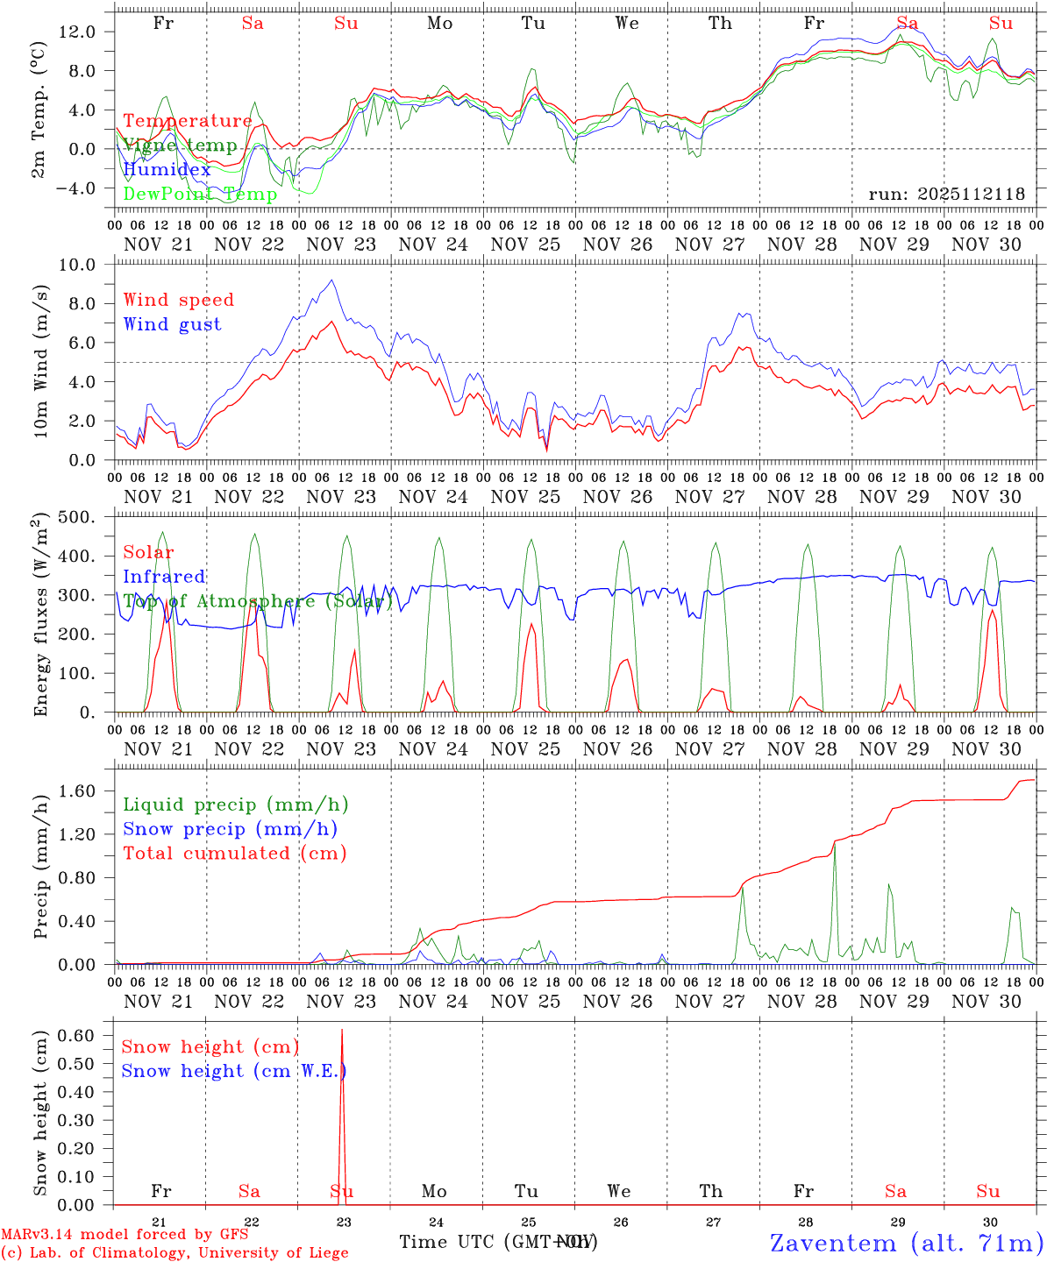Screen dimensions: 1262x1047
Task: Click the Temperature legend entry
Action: pyautogui.click(x=188, y=121)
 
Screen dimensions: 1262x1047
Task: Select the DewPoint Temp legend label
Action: pyautogui.click(x=200, y=195)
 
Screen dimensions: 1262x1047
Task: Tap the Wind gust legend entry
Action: pyautogui.click(x=172, y=324)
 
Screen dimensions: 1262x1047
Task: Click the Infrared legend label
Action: pyautogui.click(x=164, y=577)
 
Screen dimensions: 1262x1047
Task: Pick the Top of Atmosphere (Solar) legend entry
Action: pyautogui.click(x=258, y=601)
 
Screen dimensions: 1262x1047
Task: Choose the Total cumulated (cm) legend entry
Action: pyautogui.click(x=235, y=853)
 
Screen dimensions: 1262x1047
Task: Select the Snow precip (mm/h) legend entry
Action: pyautogui.click(x=230, y=829)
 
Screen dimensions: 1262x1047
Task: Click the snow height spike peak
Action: pyautogui.click(x=342, y=1031)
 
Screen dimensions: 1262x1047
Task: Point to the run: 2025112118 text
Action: pyautogui.click(x=946, y=195)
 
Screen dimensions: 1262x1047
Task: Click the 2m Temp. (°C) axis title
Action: pyautogui.click(x=39, y=110)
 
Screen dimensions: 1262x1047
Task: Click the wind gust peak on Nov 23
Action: pyautogui.click(x=331, y=280)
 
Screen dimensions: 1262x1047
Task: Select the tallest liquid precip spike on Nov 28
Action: pyautogui.click(x=834, y=843)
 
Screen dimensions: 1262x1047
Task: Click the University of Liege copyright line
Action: pyautogui.click(x=174, y=1252)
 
